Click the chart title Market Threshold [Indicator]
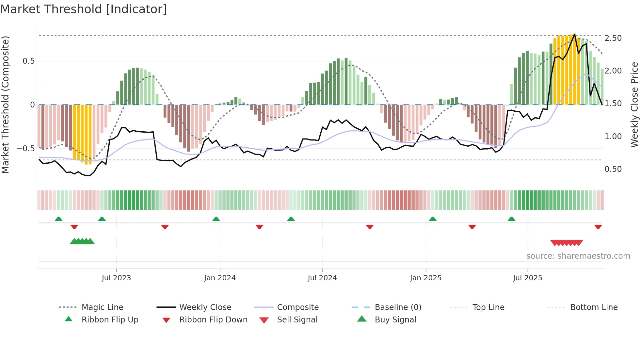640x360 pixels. [x=84, y=9]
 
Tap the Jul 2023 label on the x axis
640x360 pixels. [x=116, y=278]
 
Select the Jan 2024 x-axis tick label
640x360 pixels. [x=220, y=278]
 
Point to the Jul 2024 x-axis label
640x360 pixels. [x=322, y=278]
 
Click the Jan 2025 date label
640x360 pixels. [x=426, y=278]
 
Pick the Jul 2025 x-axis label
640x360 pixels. [x=528, y=278]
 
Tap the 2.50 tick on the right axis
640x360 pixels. [x=613, y=38]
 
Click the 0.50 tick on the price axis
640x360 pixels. [x=613, y=169]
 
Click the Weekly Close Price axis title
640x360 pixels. [x=634, y=105]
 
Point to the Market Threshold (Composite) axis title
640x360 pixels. [x=5, y=105]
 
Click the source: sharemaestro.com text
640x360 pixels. [x=578, y=256]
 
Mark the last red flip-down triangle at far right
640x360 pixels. [x=598, y=227]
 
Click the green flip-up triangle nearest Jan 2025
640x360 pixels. [x=433, y=219]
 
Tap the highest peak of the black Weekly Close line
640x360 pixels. [x=574, y=34]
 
